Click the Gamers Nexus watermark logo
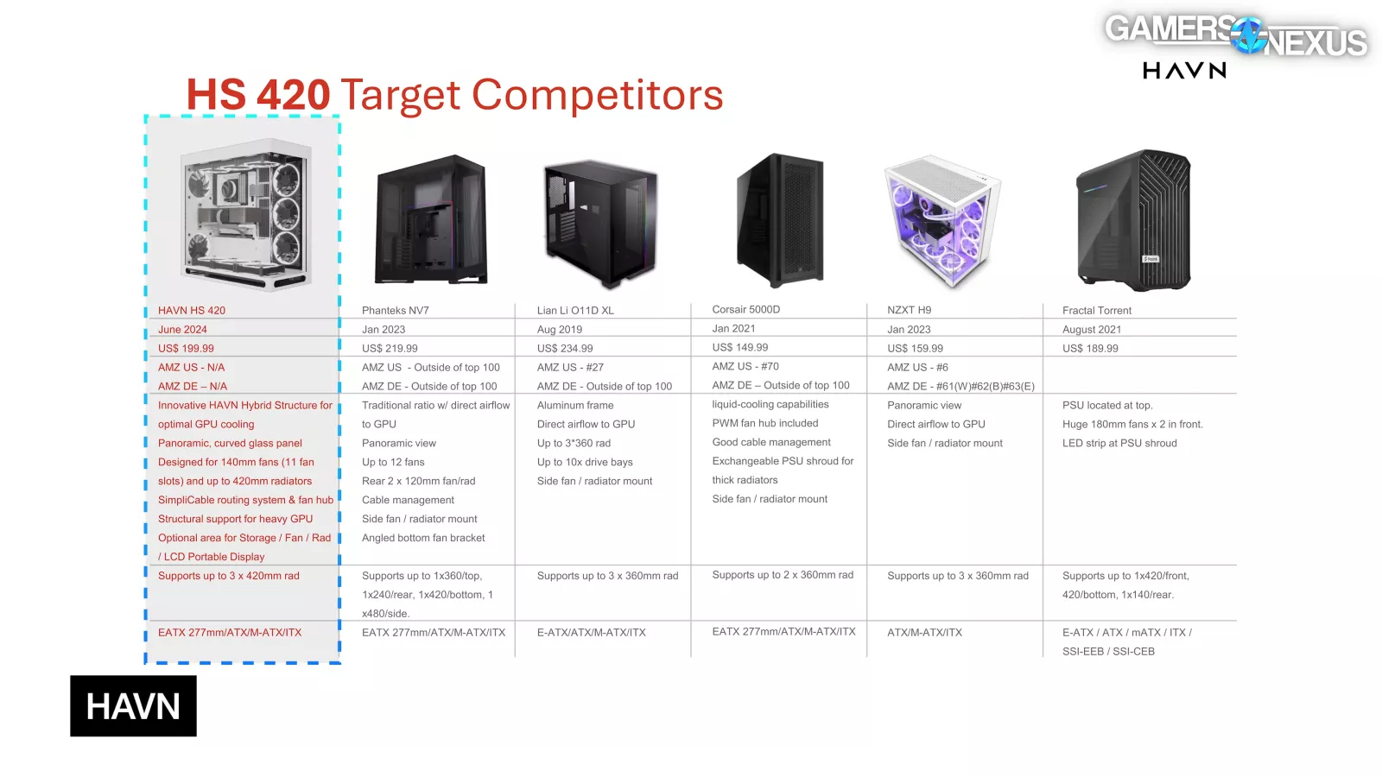(1236, 35)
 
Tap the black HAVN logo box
(133, 705)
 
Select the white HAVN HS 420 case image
(245, 213)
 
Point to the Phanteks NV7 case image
(431, 219)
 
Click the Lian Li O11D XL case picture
(601, 223)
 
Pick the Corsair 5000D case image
(780, 220)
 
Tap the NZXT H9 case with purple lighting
(942, 221)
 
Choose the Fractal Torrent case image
(1134, 220)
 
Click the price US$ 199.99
(186, 349)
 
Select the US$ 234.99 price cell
(565, 349)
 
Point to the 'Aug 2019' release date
(559, 329)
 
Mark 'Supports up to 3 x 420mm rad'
(228, 576)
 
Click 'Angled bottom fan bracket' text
(423, 538)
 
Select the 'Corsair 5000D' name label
(746, 310)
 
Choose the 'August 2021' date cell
(1092, 330)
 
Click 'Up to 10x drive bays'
(584, 462)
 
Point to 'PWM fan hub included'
(765, 423)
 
